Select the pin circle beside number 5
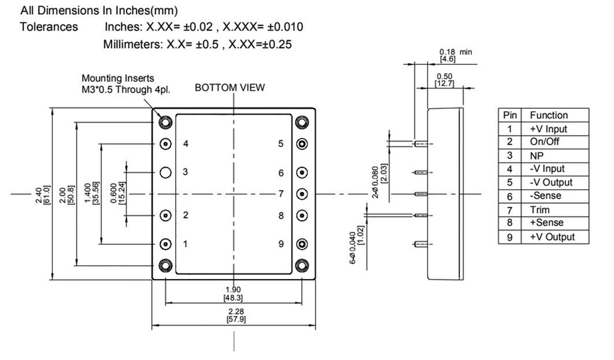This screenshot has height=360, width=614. pos(302,144)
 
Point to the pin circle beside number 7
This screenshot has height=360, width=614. pos(302,194)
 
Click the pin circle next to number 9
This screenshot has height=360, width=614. pos(302,244)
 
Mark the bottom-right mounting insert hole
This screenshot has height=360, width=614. pos(302,265)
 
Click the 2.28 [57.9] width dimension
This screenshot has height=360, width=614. pos(233,315)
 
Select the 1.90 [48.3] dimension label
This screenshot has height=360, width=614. pos(233,294)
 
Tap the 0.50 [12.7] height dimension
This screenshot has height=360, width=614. pos(445,79)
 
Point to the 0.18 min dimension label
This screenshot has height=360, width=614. pos(455,55)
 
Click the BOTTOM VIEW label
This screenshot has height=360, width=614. pos(230,88)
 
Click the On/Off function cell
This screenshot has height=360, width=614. pos(543,142)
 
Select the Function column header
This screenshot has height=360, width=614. pos(548,115)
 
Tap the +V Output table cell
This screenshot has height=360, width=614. pos(551,236)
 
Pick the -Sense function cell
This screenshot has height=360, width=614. pos(545,196)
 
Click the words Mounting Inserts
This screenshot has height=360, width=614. pos(118,78)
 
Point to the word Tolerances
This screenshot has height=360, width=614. pos(49,27)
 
